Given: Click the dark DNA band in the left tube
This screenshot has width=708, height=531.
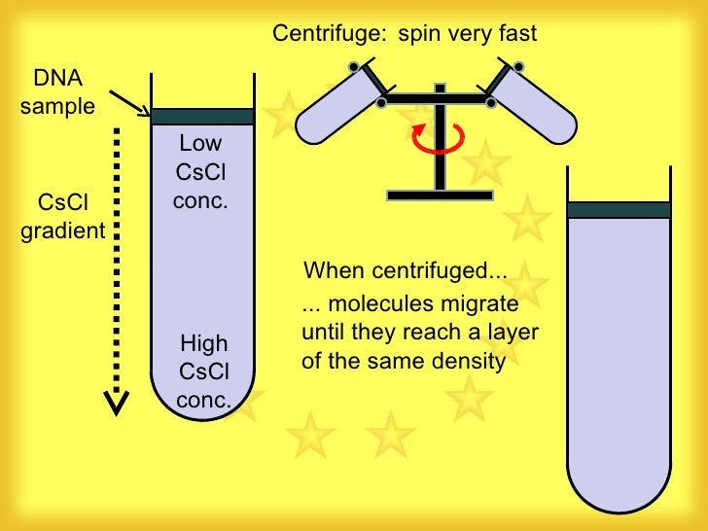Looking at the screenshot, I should [202, 117].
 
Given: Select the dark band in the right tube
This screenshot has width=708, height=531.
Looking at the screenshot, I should [619, 209].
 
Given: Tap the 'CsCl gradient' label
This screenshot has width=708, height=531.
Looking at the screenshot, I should [63, 217].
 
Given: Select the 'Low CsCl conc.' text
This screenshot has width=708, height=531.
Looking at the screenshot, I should [200, 173].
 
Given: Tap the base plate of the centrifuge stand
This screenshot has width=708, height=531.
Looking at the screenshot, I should [439, 195].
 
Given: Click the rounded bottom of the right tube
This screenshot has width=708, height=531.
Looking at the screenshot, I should [619, 486].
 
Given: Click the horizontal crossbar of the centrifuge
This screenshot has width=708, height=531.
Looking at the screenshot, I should [440, 100].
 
